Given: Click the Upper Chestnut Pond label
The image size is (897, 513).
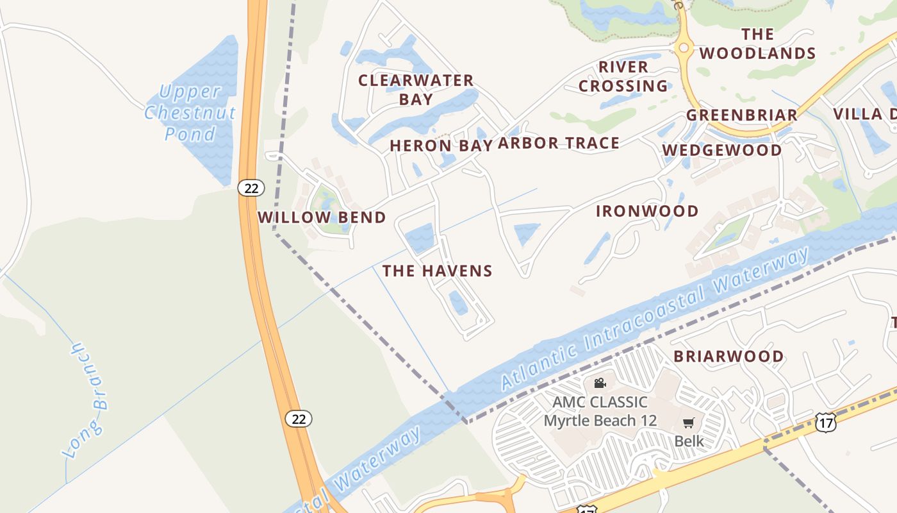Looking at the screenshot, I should click(x=190, y=113).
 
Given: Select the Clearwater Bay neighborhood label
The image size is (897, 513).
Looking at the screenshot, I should click(x=416, y=90).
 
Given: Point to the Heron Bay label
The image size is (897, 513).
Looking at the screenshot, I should click(x=441, y=146).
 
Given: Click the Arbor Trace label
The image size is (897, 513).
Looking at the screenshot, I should click(x=559, y=143).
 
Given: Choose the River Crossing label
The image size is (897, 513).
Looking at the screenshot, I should click(x=623, y=76).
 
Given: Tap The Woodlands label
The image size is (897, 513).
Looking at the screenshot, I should click(x=757, y=44).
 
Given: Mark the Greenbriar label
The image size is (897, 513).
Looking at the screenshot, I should click(x=742, y=115).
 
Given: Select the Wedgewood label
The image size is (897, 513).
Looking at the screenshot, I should click(x=722, y=151).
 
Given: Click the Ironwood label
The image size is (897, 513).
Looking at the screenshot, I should click(x=647, y=212).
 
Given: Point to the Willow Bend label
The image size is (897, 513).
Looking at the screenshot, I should click(x=322, y=217).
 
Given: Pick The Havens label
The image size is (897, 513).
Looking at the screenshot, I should click(x=438, y=271).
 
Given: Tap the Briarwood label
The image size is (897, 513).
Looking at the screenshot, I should click(x=728, y=357).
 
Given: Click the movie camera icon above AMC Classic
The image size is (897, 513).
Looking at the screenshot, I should click(x=600, y=383).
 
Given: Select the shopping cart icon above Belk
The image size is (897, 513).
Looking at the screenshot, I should click(x=689, y=423).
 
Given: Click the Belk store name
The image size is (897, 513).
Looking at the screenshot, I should click(x=689, y=441).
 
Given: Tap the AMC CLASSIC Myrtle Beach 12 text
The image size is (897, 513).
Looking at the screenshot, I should click(x=600, y=412).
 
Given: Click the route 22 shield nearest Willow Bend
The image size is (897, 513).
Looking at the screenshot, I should click(x=251, y=188).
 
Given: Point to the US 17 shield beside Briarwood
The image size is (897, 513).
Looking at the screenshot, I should click(x=826, y=421).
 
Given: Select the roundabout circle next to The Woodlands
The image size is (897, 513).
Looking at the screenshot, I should click(x=684, y=47).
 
